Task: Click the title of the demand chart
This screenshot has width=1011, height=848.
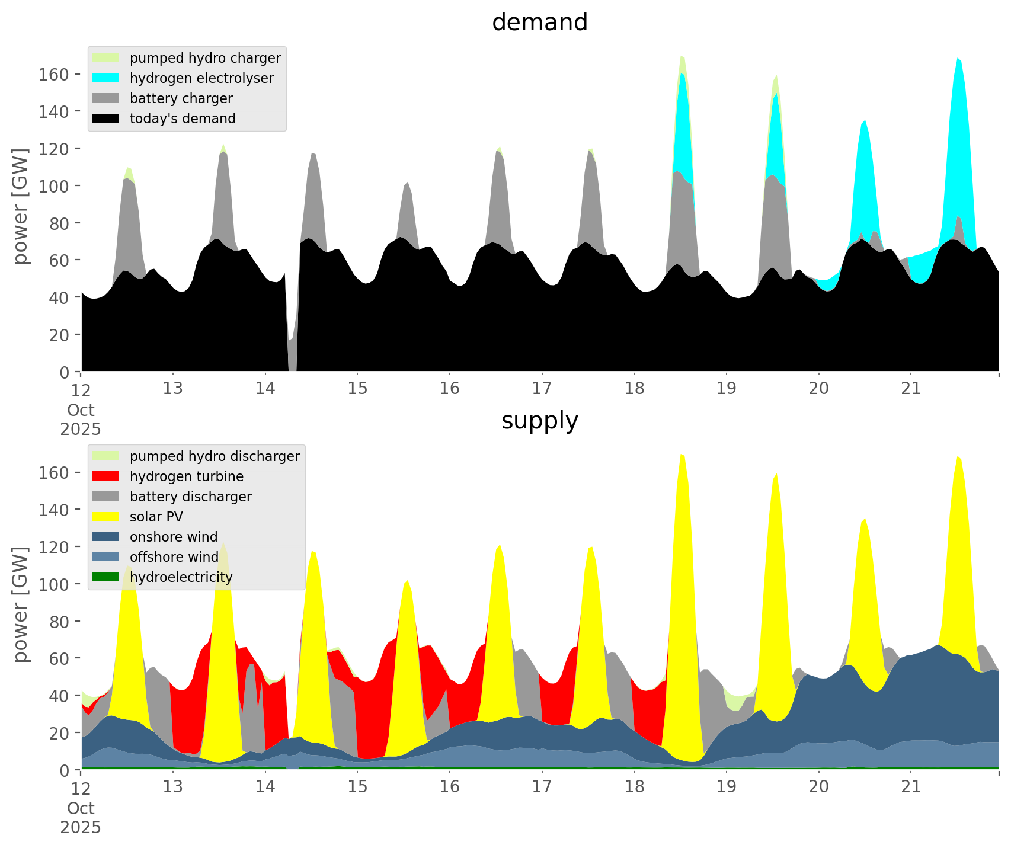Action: (539, 23)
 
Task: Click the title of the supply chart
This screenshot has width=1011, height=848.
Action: (539, 421)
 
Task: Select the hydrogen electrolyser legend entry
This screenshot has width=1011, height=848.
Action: (201, 78)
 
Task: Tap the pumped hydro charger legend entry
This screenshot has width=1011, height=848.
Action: (205, 58)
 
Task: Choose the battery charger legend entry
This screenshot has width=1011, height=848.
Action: (181, 98)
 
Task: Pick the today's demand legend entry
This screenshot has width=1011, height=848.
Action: (183, 119)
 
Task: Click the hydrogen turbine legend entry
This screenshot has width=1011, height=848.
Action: (186, 476)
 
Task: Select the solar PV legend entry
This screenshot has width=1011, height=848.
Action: (156, 517)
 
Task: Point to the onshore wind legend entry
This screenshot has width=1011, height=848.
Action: (173, 537)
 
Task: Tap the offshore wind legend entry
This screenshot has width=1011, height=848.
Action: (174, 557)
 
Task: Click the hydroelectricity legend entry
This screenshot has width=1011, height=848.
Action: (181, 577)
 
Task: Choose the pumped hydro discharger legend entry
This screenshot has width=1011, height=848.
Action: (215, 456)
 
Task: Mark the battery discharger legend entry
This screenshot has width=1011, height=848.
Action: (190, 497)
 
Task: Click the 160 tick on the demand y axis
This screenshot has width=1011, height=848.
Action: (54, 74)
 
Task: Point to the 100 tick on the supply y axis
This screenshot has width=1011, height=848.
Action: (54, 584)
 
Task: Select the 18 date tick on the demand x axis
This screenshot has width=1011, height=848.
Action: (634, 389)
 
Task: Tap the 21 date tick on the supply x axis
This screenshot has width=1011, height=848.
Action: (911, 787)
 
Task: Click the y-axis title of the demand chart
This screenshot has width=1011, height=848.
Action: (21, 206)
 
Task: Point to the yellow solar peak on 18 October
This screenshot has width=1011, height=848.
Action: (682, 474)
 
